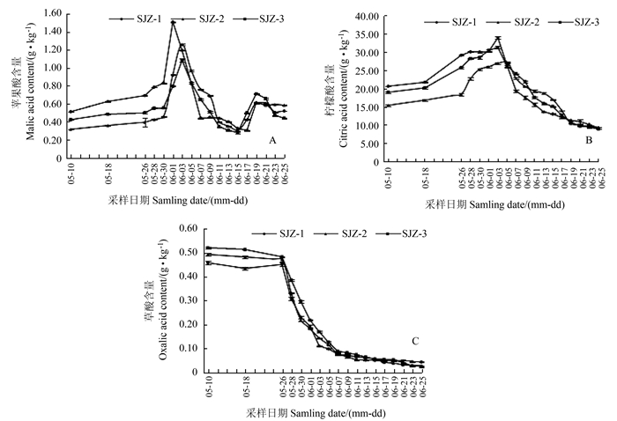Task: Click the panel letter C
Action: [414, 341]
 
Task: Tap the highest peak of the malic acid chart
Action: [173, 22]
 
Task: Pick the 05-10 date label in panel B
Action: [388, 175]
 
